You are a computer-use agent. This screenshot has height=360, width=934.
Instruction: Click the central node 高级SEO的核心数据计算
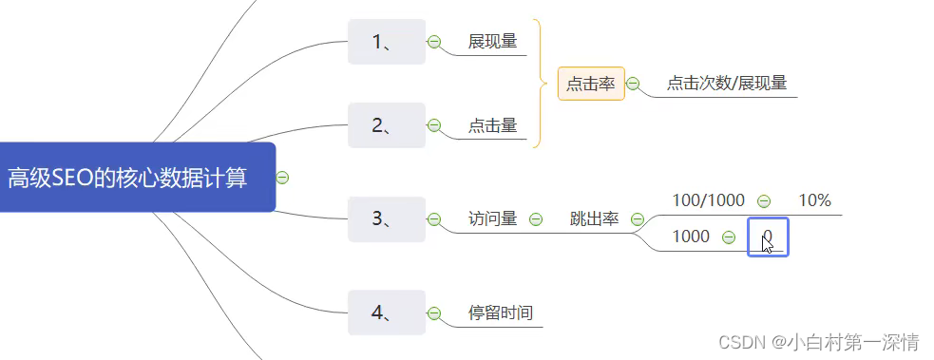point(128,178)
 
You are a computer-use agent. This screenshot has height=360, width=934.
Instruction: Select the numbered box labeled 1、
point(386,42)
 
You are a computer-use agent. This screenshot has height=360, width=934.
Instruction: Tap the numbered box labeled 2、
point(386,125)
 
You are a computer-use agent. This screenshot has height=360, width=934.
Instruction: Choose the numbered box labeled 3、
point(386,219)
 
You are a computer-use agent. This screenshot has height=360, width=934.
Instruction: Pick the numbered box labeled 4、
point(386,313)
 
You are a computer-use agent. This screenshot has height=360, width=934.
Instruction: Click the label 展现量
point(492,42)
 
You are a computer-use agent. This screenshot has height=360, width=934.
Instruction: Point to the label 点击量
point(492,125)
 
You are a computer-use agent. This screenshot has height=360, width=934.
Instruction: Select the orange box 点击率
point(591,84)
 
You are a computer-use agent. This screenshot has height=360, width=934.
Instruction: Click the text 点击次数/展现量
point(726,84)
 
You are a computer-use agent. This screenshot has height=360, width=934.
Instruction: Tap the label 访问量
point(492,219)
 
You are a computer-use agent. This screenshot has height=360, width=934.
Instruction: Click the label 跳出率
point(594,219)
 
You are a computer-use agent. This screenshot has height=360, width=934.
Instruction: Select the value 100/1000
point(708,200)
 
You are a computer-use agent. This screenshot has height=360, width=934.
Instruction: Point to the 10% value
point(814,200)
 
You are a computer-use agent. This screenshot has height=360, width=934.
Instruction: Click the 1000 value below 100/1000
point(691,237)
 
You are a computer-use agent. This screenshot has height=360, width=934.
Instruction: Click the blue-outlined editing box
point(768,237)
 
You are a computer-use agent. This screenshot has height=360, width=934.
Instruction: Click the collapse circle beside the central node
point(282,178)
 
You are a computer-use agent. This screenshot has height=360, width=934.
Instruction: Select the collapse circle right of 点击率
point(633,84)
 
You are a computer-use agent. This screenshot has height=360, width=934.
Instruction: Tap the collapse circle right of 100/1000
point(764,200)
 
